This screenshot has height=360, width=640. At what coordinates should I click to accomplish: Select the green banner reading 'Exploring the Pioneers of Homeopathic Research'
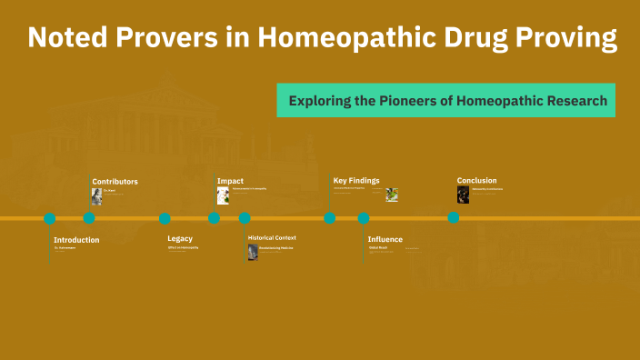(446, 100)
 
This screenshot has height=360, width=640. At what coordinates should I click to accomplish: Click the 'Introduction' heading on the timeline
(76, 240)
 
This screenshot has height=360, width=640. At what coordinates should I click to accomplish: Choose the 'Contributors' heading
(115, 181)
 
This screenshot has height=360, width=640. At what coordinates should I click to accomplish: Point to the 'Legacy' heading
(180, 238)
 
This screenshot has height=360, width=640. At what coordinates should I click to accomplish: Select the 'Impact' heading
(230, 181)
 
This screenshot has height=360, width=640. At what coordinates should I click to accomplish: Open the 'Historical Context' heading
(272, 237)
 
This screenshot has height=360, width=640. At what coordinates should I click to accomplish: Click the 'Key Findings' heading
(356, 180)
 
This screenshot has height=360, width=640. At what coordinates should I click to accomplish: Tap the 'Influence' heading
(385, 239)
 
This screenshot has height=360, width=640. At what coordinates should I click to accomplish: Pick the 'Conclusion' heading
(476, 180)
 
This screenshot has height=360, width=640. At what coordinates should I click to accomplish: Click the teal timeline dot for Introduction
(50, 218)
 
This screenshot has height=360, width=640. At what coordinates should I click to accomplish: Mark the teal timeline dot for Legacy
(165, 218)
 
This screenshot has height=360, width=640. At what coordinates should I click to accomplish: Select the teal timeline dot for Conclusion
(453, 218)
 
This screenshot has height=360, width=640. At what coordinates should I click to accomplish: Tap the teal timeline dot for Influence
(364, 218)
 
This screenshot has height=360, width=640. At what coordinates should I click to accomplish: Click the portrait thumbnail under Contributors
(96, 195)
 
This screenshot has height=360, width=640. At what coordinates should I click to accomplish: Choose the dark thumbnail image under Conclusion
(463, 195)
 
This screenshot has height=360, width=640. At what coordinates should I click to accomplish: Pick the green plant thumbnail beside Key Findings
(392, 195)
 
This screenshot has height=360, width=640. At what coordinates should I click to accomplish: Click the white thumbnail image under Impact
(223, 195)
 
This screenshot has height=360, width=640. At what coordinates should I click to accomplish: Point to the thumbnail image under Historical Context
(253, 252)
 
